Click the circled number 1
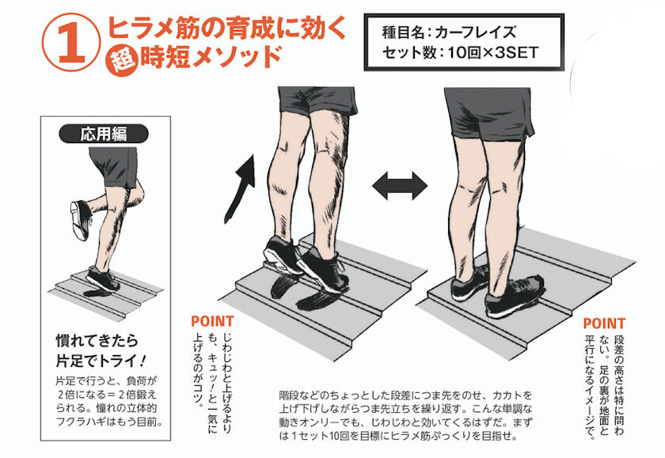70,43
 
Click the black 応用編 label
104,134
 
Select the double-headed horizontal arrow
400,186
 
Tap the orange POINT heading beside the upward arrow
212,321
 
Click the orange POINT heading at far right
604,324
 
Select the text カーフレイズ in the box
475,32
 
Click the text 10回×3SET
492,53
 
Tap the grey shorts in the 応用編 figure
115,166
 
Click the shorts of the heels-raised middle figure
317,100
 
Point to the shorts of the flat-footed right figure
489,114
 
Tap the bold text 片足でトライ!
101,361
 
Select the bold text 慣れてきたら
97,340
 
